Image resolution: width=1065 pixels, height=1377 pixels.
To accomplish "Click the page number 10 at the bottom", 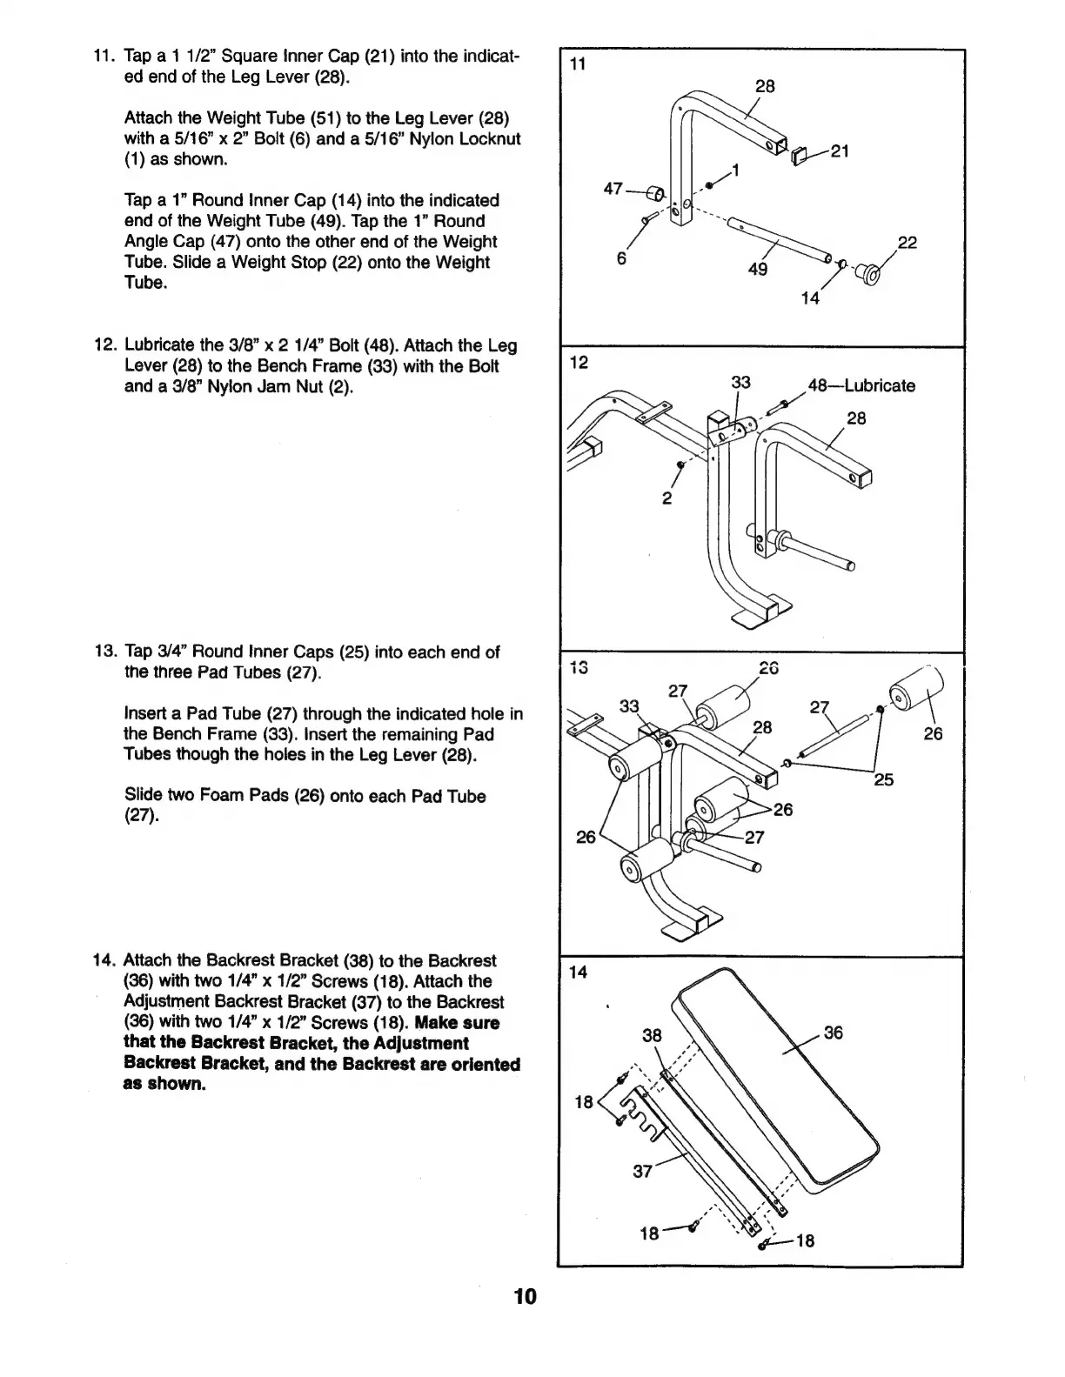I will pyautogui.click(x=526, y=1297).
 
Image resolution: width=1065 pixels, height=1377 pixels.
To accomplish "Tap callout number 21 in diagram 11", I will pyautogui.click(x=840, y=150).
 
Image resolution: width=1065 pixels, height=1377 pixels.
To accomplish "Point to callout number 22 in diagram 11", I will pyautogui.click(x=907, y=243).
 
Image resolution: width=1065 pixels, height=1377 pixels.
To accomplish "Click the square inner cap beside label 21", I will pyautogui.click(x=800, y=155).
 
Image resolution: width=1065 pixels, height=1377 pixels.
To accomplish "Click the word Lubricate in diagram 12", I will pyautogui.click(x=880, y=385).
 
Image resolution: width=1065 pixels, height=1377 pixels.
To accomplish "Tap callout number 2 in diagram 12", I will pyautogui.click(x=666, y=498).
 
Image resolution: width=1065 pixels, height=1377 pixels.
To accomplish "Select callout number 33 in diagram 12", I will pyautogui.click(x=740, y=383).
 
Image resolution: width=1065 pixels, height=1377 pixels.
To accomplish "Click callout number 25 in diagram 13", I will pyautogui.click(x=883, y=779).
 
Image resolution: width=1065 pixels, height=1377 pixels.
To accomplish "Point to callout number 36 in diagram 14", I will pyautogui.click(x=833, y=1033).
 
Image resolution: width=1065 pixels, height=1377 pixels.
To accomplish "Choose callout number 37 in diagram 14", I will pyautogui.click(x=642, y=1171).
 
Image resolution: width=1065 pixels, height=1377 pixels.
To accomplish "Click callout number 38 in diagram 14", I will pyautogui.click(x=652, y=1035).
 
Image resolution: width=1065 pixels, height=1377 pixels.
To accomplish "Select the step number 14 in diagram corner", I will pyautogui.click(x=578, y=973).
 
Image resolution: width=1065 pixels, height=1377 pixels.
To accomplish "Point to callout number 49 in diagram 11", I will pyautogui.click(x=758, y=269).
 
